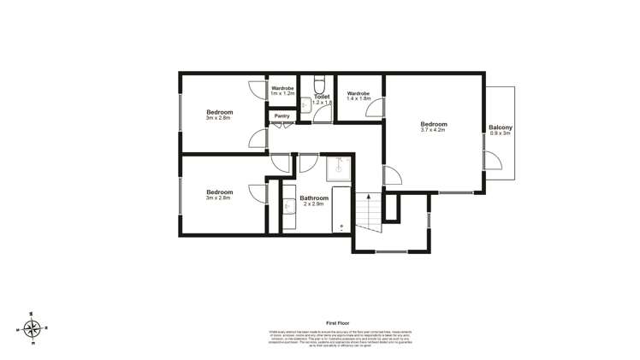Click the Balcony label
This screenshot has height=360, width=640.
click(x=500, y=127)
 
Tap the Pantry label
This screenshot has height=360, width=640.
click(x=281, y=115)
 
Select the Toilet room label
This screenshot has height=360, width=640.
click(x=322, y=97)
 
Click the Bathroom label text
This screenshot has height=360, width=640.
click(x=314, y=198)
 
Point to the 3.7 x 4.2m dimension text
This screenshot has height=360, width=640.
click(x=434, y=130)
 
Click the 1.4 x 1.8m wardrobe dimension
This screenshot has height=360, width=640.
click(x=359, y=99)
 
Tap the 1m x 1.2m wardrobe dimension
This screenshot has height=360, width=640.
click(x=283, y=92)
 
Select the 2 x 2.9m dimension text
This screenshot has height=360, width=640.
click(x=314, y=204)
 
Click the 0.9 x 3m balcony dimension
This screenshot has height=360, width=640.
click(x=500, y=133)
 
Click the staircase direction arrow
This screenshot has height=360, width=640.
click(x=369, y=206)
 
